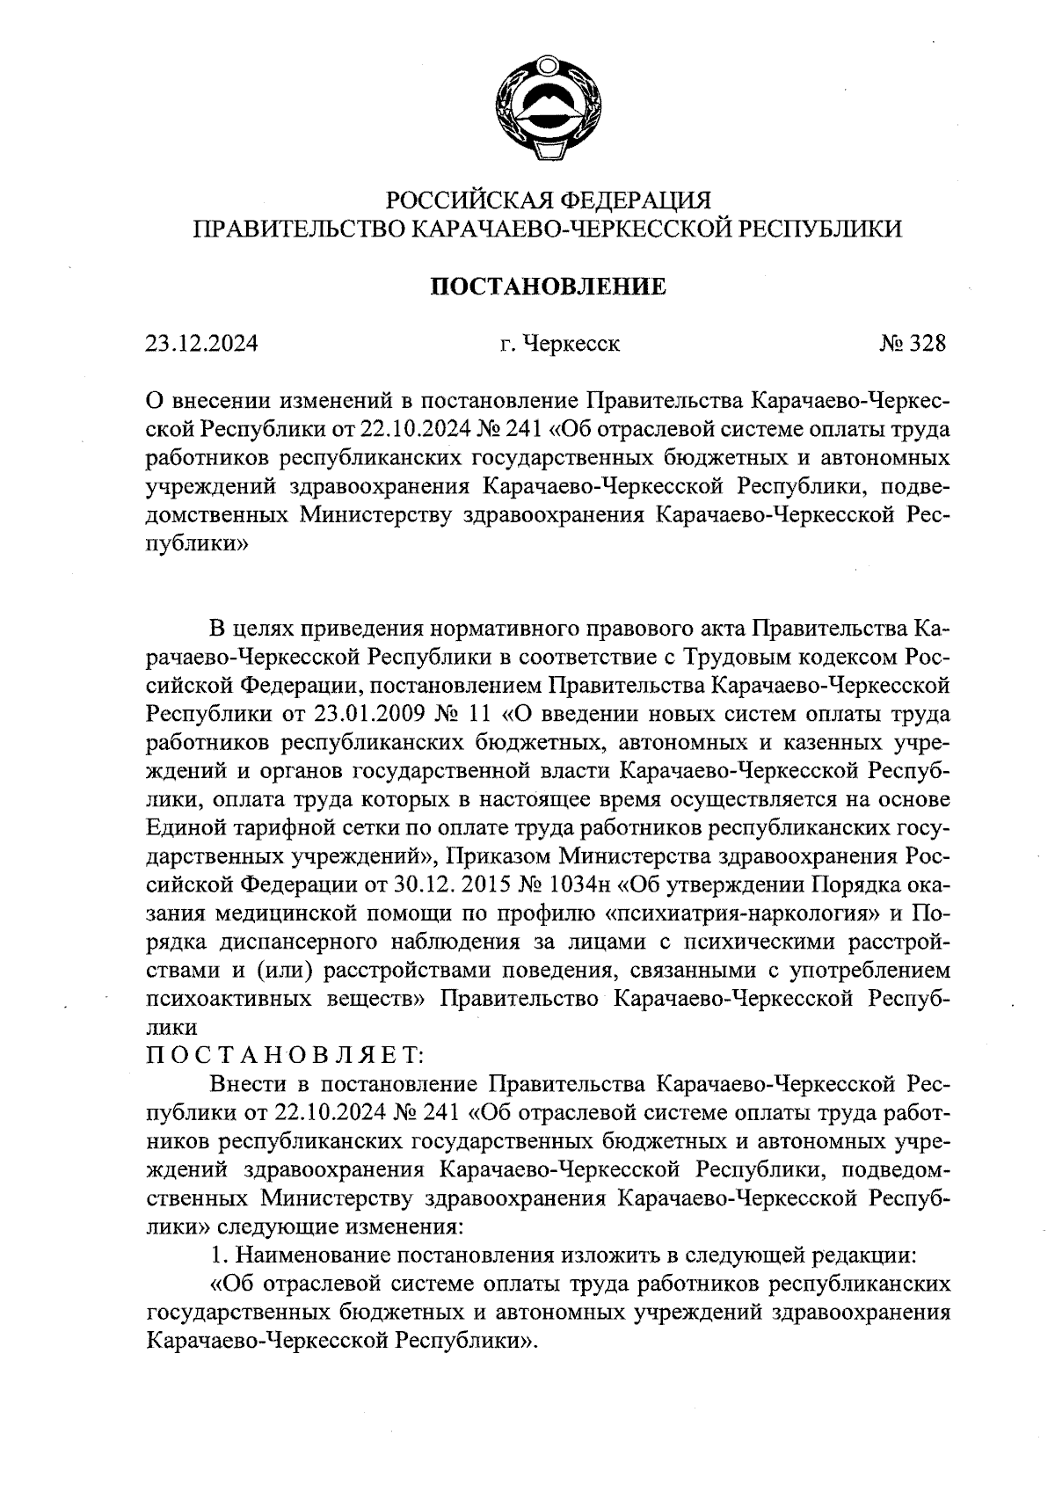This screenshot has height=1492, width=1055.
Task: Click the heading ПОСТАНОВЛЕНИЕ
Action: pyautogui.click(x=548, y=286)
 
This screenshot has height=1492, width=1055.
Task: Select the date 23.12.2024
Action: pyautogui.click(x=201, y=344)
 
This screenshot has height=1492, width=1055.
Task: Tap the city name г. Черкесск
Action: pyautogui.click(x=560, y=344)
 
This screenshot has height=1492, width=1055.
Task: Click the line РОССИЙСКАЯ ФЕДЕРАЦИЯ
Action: pyautogui.click(x=548, y=200)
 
